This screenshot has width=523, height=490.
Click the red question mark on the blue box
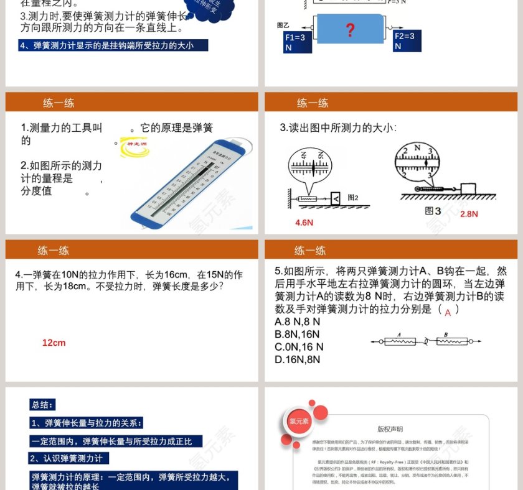[x=350, y=29]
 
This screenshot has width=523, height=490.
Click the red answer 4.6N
[x=304, y=223]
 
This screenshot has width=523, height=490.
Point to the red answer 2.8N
[x=469, y=214]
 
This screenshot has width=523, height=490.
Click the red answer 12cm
[x=54, y=343]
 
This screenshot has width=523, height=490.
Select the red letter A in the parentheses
[x=448, y=313]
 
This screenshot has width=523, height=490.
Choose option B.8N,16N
[x=298, y=334]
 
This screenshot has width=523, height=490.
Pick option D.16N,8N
[x=298, y=359]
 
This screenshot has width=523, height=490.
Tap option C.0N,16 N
[x=299, y=346]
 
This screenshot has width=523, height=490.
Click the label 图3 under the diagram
[x=433, y=211]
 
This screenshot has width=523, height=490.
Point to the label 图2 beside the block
[x=353, y=198]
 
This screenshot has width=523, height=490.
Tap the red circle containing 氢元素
[x=298, y=421]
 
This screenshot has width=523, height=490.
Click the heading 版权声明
[x=390, y=429]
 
